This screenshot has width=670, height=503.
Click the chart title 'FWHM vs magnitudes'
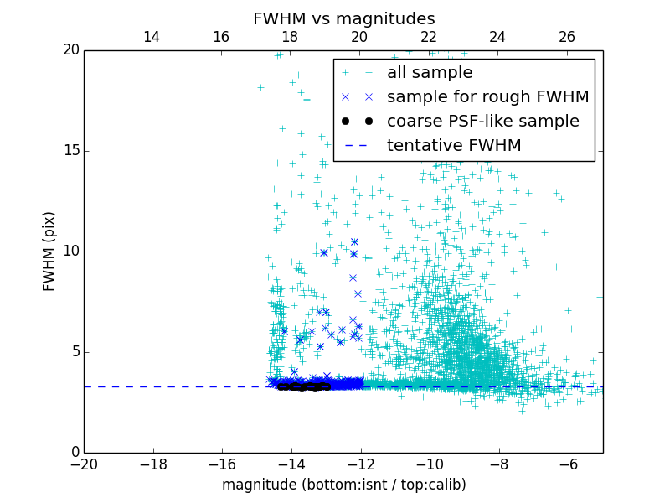pos(343,18)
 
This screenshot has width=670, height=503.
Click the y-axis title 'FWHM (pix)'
pos(49,251)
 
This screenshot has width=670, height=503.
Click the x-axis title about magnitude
pos(343,485)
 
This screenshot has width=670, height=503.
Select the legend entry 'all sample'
pos(429,73)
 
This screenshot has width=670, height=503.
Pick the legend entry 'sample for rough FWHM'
pos(487,97)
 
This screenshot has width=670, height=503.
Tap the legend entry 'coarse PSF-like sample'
pos(482,122)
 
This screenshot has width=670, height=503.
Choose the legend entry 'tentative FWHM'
pos(453,146)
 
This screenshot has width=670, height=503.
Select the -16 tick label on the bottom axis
pos(222,464)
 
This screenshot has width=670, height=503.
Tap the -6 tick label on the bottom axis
pos(568,464)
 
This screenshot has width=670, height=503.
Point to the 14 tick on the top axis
pos(152,37)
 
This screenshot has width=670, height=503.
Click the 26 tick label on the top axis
pos(567,37)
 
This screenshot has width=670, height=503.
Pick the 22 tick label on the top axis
pos(429,37)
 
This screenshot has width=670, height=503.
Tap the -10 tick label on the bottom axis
pos(429,464)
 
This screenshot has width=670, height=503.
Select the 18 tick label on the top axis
pos(290,37)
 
